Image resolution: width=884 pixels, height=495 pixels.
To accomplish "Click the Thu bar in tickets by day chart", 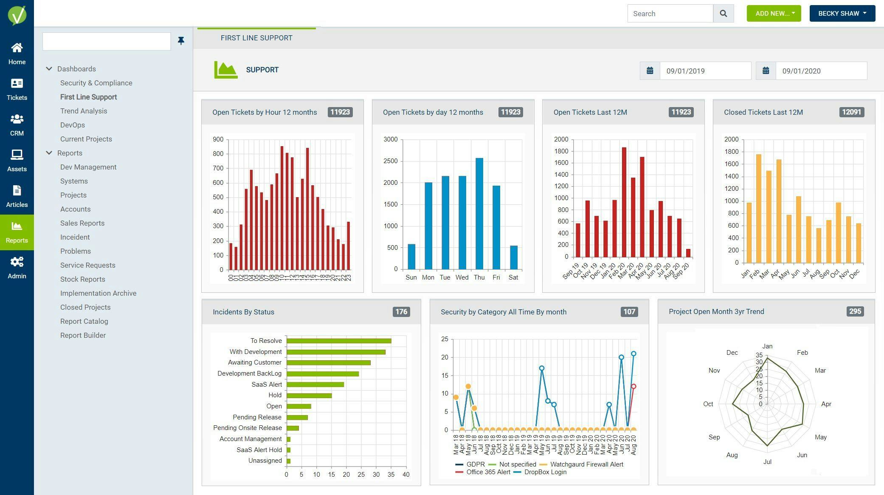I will click(479, 214).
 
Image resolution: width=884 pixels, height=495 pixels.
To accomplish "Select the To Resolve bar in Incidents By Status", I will click(338, 341).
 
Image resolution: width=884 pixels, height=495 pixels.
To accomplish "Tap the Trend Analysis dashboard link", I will click(84, 111).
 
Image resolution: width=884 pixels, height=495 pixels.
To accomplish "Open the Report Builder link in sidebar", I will click(83, 335).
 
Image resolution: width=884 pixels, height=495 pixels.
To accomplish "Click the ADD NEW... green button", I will click(774, 14).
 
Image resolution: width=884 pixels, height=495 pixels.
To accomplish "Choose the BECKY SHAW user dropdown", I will click(842, 14).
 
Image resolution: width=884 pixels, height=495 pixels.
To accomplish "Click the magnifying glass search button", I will click(723, 14).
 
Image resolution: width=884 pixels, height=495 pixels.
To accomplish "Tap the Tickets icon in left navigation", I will click(17, 89).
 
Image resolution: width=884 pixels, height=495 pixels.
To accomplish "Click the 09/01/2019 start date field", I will click(705, 71).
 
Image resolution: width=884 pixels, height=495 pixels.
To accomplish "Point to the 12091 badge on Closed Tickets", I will click(851, 112).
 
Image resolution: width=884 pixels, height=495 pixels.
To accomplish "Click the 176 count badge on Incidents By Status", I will click(401, 312).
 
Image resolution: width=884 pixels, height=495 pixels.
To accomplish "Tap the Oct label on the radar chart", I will click(708, 404).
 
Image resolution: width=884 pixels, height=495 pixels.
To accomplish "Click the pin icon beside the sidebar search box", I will click(181, 41).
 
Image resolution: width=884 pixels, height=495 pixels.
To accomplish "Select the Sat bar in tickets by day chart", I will click(513, 257).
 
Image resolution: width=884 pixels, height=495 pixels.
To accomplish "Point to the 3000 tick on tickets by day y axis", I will click(390, 139).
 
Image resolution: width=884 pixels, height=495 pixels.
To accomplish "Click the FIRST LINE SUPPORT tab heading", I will click(256, 38).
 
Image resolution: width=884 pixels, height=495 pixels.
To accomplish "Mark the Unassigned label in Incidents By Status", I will click(265, 461).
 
